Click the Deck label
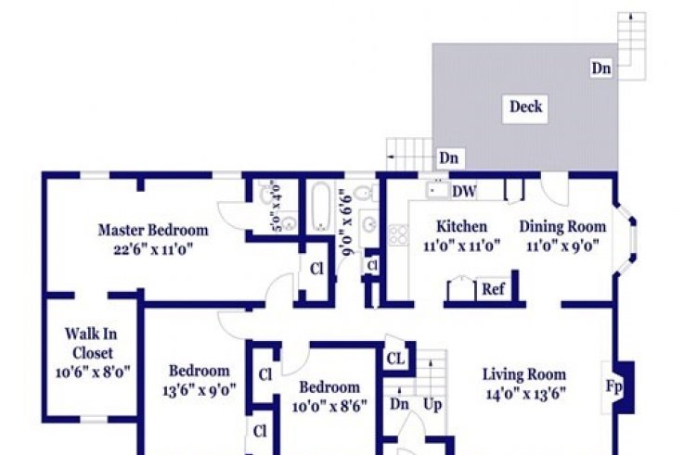pos(525,107)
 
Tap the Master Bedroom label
pos(153,230)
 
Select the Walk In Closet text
pos(92,344)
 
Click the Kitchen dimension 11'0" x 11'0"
pos(461,246)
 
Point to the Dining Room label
pos(562,227)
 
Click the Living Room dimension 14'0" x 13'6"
pos(525,394)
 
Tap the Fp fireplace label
pos(613,386)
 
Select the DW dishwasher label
pos(464,192)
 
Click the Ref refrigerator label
pos(493,289)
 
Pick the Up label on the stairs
pos(432,405)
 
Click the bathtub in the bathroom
pos(321,207)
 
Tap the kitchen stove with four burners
pos(398,235)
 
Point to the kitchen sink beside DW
pos(437,190)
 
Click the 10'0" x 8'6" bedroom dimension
pos(329,406)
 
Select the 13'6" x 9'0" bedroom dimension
pos(199,390)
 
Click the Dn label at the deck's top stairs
pos(601,69)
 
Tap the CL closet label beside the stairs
pos(395,359)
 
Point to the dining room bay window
pos(626,238)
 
